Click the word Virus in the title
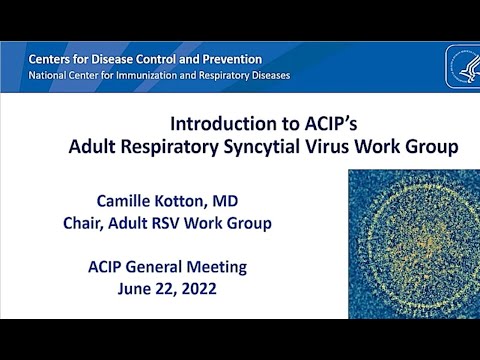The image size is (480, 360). tap(355, 148)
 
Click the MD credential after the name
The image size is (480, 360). tap(257, 200)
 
